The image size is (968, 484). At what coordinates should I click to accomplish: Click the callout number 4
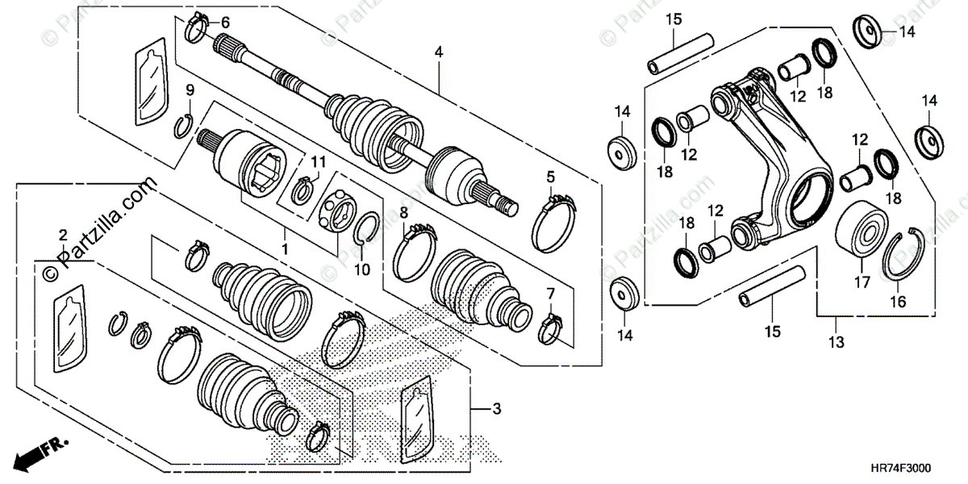(x=439, y=52)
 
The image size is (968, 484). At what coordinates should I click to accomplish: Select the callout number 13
(x=836, y=343)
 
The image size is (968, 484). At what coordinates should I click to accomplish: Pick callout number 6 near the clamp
(x=225, y=22)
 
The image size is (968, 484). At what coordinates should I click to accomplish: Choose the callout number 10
(x=363, y=269)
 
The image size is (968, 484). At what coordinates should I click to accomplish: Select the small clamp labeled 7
(x=553, y=326)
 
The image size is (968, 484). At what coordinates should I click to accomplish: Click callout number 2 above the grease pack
(x=63, y=235)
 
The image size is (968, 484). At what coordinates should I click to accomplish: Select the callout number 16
(x=898, y=302)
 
